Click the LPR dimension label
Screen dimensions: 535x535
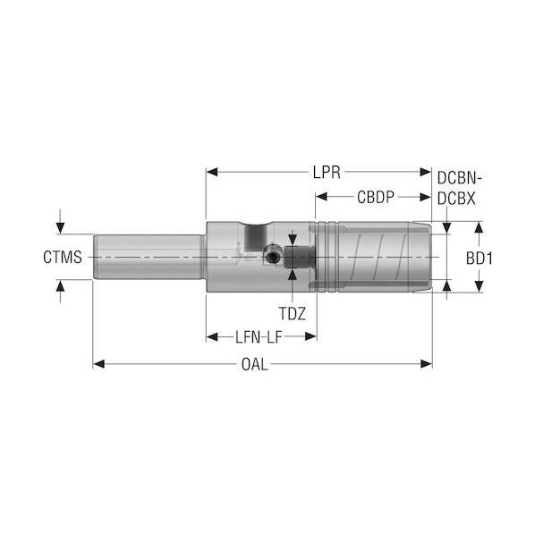[327, 173]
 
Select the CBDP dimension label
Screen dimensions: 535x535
[376, 197]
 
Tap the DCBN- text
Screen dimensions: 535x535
[459, 178]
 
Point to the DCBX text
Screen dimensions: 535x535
[456, 199]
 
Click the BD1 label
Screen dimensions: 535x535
[480, 259]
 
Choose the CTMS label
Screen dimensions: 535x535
[63, 257]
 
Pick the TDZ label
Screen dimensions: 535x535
[293, 313]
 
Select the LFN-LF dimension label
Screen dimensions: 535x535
[259, 337]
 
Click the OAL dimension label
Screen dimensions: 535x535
[255, 364]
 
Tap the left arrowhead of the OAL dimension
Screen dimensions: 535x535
[98, 364]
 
